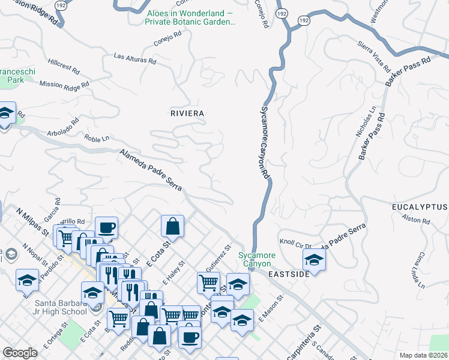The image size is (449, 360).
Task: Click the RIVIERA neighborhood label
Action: click(x=187, y=113)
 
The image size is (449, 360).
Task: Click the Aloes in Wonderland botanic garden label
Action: click(x=189, y=17)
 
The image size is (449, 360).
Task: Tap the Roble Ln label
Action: click(x=96, y=139)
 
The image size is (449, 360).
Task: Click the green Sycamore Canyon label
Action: click(x=257, y=259)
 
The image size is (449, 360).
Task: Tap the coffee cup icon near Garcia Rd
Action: click(x=106, y=228)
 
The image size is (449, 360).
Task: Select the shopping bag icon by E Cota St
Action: click(x=172, y=227)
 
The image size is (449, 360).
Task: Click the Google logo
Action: click(x=20, y=353)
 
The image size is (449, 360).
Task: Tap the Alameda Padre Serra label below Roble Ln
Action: click(x=154, y=172)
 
